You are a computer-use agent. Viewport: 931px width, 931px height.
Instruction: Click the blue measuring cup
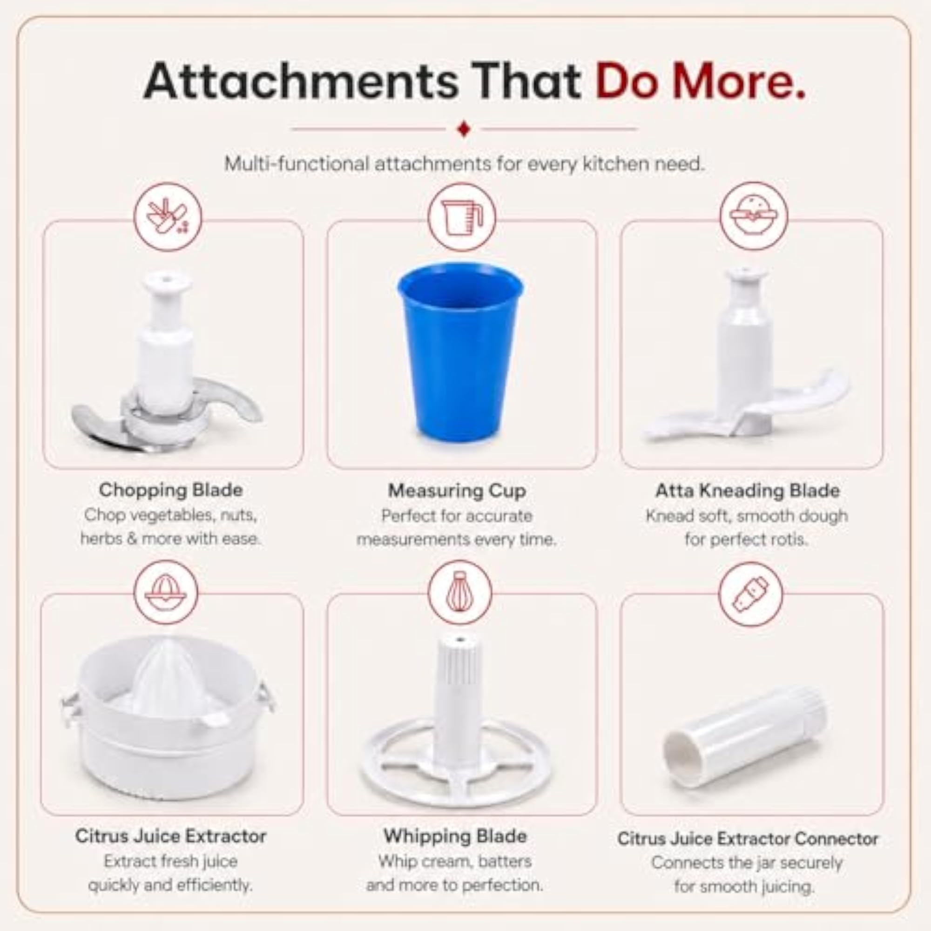460,352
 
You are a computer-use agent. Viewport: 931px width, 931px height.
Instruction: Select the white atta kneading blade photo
746,357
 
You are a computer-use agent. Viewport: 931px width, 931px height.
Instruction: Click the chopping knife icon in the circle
167,217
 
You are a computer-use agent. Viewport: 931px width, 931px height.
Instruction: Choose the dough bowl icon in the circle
753,216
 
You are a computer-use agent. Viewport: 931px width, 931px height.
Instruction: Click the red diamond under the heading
464,129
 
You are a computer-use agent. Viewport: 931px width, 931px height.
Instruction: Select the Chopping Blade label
170,490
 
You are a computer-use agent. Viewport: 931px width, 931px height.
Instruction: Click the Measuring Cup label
457,491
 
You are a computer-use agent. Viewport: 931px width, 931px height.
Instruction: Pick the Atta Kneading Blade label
748,491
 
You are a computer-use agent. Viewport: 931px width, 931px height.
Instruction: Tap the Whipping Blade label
455,836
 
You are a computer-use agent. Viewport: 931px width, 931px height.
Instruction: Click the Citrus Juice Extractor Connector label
748,839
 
